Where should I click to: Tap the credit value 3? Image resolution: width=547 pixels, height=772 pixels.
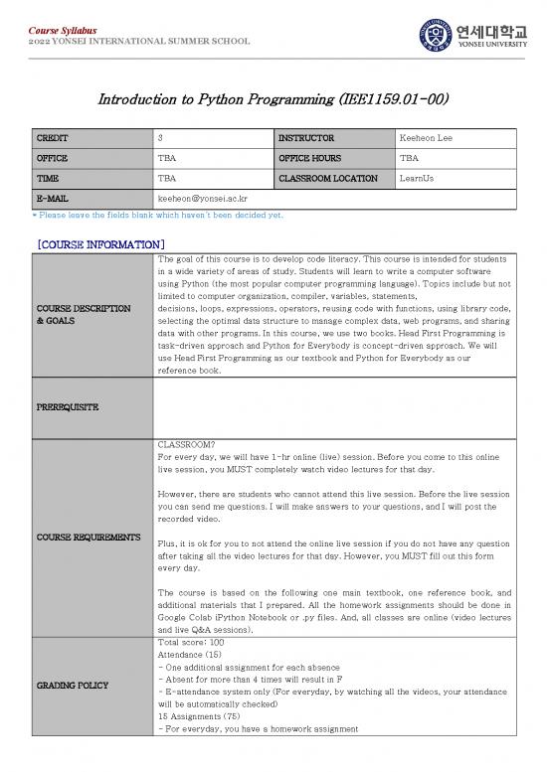tap(161, 138)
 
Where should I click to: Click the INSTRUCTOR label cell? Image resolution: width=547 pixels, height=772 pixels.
tap(306, 138)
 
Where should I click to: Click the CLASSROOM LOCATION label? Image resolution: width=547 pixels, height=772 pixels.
tap(328, 179)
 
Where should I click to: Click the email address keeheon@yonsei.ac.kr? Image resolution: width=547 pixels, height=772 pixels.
tap(203, 199)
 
